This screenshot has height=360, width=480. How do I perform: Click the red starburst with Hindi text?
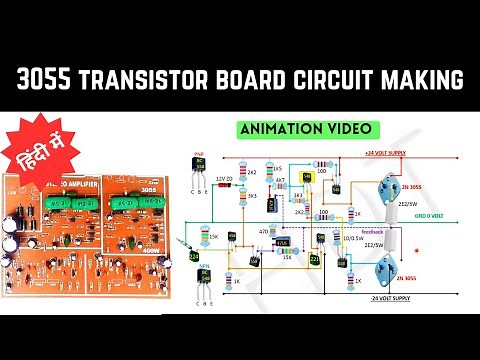[x=36, y=153]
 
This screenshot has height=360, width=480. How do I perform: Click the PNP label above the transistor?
[x=198, y=156]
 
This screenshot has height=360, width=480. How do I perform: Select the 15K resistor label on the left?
[x=214, y=236]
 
